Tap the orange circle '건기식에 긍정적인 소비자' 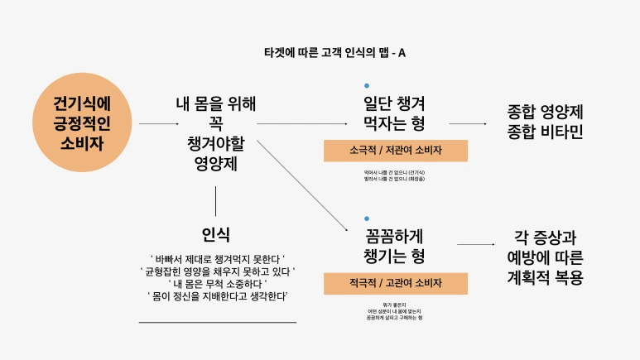pos(82,123)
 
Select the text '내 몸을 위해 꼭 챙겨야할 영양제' pos(215,133)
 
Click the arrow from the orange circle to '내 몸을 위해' pos(159,124)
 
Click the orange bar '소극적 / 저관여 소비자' pos(396,151)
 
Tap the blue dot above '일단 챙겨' pos(367,86)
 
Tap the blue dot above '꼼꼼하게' pos(367,218)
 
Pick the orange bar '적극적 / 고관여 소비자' pos(396,283)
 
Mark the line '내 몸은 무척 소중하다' pos(218,283)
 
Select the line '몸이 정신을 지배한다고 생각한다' pos(218,295)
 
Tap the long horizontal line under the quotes pos(218,322)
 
